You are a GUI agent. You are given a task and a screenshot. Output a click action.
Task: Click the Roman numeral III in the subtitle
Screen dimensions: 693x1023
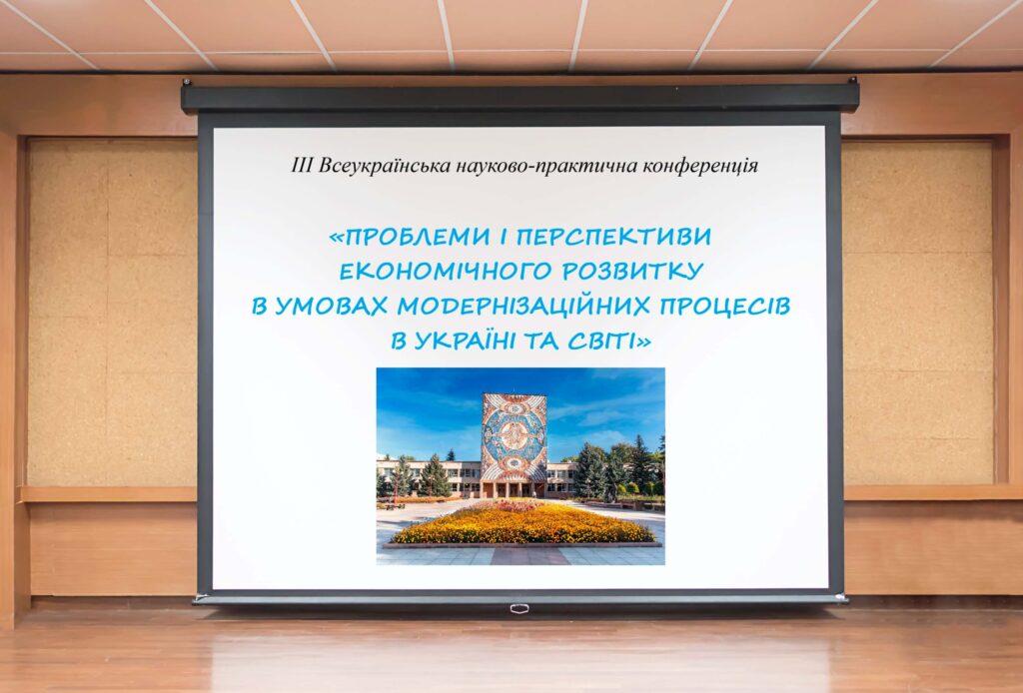coord(302,166)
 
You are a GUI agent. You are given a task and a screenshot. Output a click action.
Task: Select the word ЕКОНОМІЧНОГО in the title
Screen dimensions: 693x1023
coord(436,273)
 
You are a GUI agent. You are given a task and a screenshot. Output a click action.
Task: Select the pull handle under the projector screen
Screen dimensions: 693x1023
coord(517,608)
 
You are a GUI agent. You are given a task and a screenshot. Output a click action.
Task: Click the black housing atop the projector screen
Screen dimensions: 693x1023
coord(519,97)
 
